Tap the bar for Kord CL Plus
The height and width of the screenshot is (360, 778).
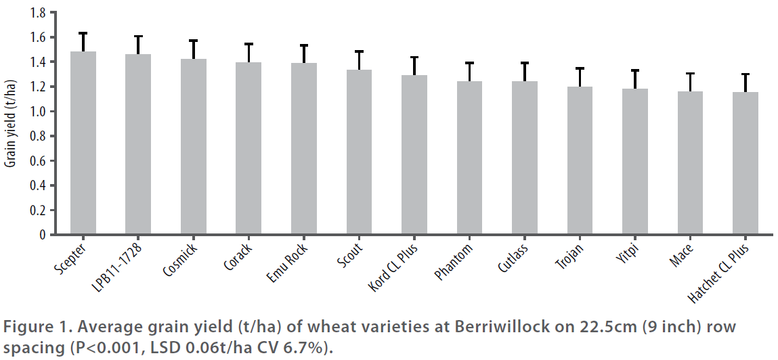click(x=414, y=155)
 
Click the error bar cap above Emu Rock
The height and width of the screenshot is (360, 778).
click(x=304, y=45)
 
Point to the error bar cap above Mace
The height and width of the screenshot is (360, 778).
click(x=690, y=73)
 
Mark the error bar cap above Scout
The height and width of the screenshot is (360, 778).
click(x=359, y=51)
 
